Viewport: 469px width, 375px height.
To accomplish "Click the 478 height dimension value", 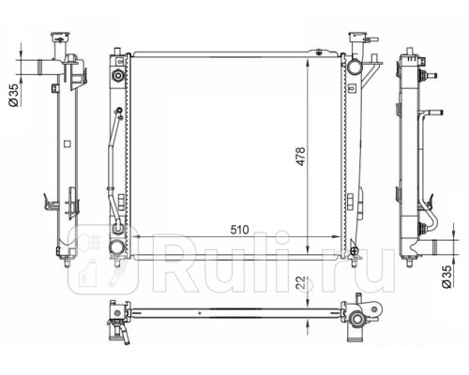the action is (x=300, y=157).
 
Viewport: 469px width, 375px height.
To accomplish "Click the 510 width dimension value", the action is (x=240, y=230).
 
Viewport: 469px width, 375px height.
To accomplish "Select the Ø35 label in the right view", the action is (x=446, y=277).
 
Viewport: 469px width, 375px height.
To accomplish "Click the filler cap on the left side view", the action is (x=60, y=37).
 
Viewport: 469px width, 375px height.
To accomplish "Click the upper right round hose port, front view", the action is (x=355, y=67).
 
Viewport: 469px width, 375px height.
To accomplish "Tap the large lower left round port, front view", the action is (x=116, y=247).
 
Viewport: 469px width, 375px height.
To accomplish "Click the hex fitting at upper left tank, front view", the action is (x=118, y=75).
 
